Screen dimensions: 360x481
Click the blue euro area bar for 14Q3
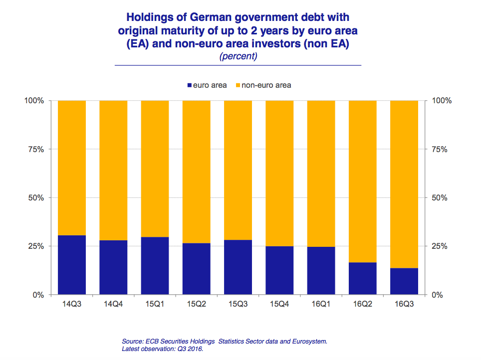tap(72, 265)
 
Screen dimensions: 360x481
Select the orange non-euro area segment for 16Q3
tap(404, 184)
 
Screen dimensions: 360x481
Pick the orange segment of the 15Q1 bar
tap(155, 169)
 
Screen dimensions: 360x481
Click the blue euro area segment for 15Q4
tap(279, 270)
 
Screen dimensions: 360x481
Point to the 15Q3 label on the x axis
tap(238, 304)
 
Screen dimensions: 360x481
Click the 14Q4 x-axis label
tap(113, 304)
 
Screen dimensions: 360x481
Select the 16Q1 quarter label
tap(320, 304)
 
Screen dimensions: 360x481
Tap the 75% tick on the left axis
tap(36, 149)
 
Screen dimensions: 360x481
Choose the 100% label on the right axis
tap(441, 101)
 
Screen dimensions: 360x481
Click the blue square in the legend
tap(189, 85)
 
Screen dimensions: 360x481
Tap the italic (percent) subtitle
tap(238, 56)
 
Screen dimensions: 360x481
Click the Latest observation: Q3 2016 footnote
tap(162, 349)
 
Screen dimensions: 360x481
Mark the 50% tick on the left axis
tap(36, 198)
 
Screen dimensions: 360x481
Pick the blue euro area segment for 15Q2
tap(196, 269)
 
